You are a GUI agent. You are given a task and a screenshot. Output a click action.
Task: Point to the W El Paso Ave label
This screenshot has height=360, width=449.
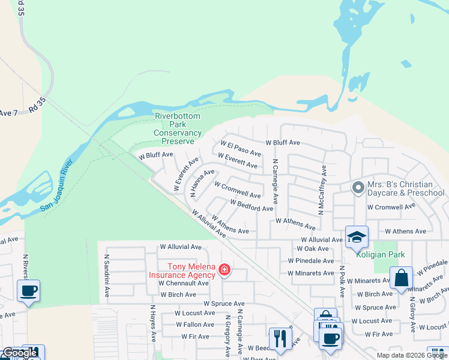point(241,148)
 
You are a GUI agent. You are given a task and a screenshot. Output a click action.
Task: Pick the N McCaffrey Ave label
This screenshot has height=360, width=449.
point(322,190)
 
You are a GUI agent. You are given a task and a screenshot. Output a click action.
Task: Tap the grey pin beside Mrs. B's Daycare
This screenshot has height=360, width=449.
point(358,188)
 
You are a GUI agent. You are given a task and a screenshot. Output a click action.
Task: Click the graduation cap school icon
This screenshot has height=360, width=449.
point(357,237)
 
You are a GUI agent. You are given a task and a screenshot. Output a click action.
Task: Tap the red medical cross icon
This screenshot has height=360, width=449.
point(224,271)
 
